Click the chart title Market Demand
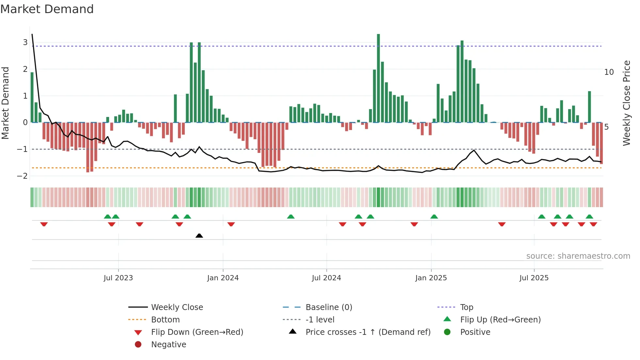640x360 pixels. tap(47, 9)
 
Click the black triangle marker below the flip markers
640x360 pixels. tap(199, 236)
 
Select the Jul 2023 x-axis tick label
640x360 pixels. tap(118, 278)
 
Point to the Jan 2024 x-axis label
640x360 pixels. tap(223, 278)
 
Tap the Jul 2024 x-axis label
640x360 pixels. tap(327, 278)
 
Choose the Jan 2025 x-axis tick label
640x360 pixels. tap(431, 278)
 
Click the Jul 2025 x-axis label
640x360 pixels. tap(534, 278)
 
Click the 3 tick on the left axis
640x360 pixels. tap(25, 42)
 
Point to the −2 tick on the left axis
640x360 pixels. tap(23, 176)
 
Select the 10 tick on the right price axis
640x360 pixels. tap(609, 72)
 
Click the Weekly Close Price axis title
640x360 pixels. tap(626, 103)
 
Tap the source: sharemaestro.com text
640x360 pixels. tap(578, 256)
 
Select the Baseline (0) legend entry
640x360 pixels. tap(329, 307)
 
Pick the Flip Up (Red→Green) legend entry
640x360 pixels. tap(500, 320)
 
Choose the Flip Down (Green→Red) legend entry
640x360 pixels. tap(197, 332)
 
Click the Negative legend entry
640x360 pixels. tap(168, 345)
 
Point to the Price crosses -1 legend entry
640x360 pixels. tap(368, 332)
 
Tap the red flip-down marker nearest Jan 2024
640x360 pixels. tap(231, 224)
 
